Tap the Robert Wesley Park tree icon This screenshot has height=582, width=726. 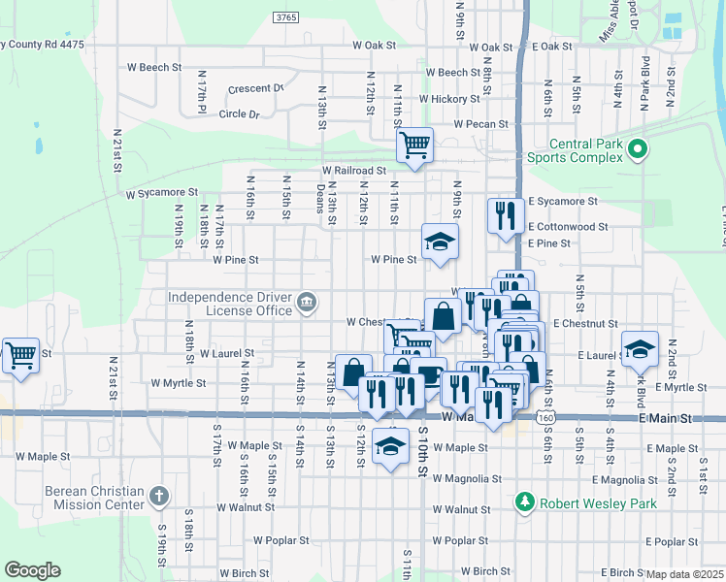525,501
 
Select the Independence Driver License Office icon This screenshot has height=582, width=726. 307,303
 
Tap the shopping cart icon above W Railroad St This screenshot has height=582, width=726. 414,145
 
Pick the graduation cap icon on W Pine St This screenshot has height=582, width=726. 440,242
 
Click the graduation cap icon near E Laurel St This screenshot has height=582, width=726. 640,349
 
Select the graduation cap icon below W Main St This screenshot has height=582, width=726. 390,446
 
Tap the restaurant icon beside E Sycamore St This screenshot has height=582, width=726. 503,215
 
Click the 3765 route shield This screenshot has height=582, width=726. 285,17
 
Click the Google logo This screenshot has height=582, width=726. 32,570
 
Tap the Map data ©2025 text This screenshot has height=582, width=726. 685,574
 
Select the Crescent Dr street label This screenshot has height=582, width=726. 255,88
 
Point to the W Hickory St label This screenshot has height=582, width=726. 449,99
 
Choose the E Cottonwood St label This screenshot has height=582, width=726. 568,227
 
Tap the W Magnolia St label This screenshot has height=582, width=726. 467,479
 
